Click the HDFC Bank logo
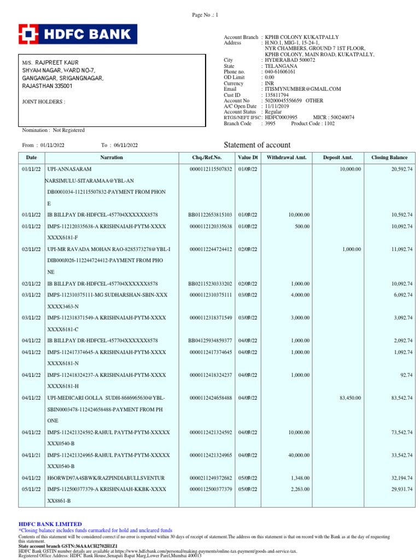[78, 34]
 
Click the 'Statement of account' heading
[258, 145]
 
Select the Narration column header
[112, 157]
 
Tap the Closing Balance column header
[389, 157]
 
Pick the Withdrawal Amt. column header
[287, 157]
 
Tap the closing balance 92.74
[405, 375]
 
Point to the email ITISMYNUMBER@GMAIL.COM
[302, 89]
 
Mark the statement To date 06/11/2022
[126, 145]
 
